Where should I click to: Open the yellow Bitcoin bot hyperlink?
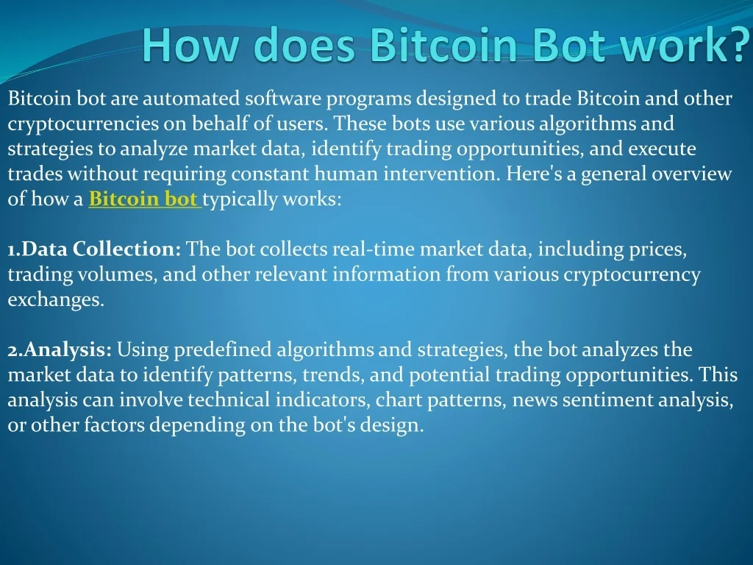(x=145, y=199)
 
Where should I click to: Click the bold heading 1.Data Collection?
(x=95, y=249)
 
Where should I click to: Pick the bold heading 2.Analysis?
(x=60, y=349)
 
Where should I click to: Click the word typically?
(x=240, y=199)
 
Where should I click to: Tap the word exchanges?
(x=56, y=299)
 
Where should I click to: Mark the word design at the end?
(x=396, y=425)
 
